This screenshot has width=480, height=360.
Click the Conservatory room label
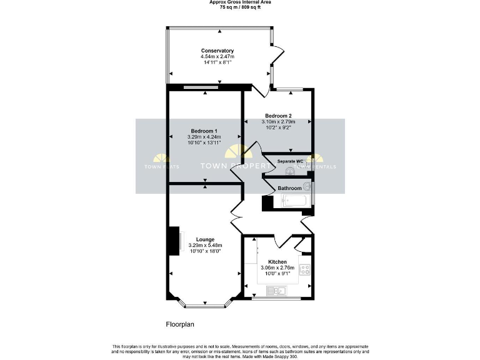click(217, 51)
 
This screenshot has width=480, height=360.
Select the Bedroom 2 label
click(278, 116)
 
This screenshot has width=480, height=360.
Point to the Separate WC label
click(290, 161)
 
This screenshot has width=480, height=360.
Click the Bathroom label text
click(289, 188)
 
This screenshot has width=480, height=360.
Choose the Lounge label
click(205, 239)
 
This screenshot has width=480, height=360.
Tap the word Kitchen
click(277, 262)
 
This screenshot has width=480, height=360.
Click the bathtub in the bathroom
click(294, 201)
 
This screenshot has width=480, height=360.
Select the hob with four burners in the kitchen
click(306, 269)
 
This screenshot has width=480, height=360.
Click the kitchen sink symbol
click(275, 290)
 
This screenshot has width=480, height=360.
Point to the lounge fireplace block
click(172, 241)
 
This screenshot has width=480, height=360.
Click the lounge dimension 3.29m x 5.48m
click(205, 246)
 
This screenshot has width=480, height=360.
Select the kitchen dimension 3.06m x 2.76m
click(277, 268)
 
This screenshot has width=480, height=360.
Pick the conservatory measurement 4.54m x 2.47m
click(217, 57)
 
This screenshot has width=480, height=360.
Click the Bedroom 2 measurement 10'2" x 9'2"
click(278, 127)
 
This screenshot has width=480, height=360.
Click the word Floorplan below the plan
click(182, 324)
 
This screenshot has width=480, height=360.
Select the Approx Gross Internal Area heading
click(239, 2)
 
